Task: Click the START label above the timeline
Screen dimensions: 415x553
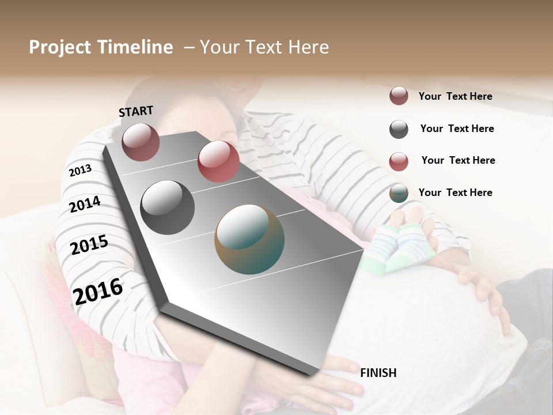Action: tap(136, 111)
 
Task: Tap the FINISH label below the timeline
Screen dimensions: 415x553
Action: tap(378, 373)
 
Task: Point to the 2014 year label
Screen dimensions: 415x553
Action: tap(85, 204)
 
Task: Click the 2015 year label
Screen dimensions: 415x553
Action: tap(89, 245)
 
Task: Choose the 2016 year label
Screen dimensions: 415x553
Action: tap(98, 291)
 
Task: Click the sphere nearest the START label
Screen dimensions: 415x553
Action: tap(141, 142)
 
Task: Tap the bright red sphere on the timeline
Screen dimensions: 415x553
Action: tap(218, 161)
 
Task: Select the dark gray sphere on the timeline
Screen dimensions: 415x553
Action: tap(168, 207)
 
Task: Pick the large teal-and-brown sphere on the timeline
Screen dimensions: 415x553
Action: tap(249, 239)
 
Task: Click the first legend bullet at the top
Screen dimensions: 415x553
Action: tap(399, 96)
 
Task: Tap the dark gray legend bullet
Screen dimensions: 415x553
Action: tap(399, 129)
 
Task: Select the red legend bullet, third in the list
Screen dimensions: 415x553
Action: tap(399, 161)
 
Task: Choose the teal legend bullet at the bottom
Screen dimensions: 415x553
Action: tap(399, 194)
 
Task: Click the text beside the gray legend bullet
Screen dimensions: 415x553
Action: tap(457, 129)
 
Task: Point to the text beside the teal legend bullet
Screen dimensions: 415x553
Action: tap(455, 193)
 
